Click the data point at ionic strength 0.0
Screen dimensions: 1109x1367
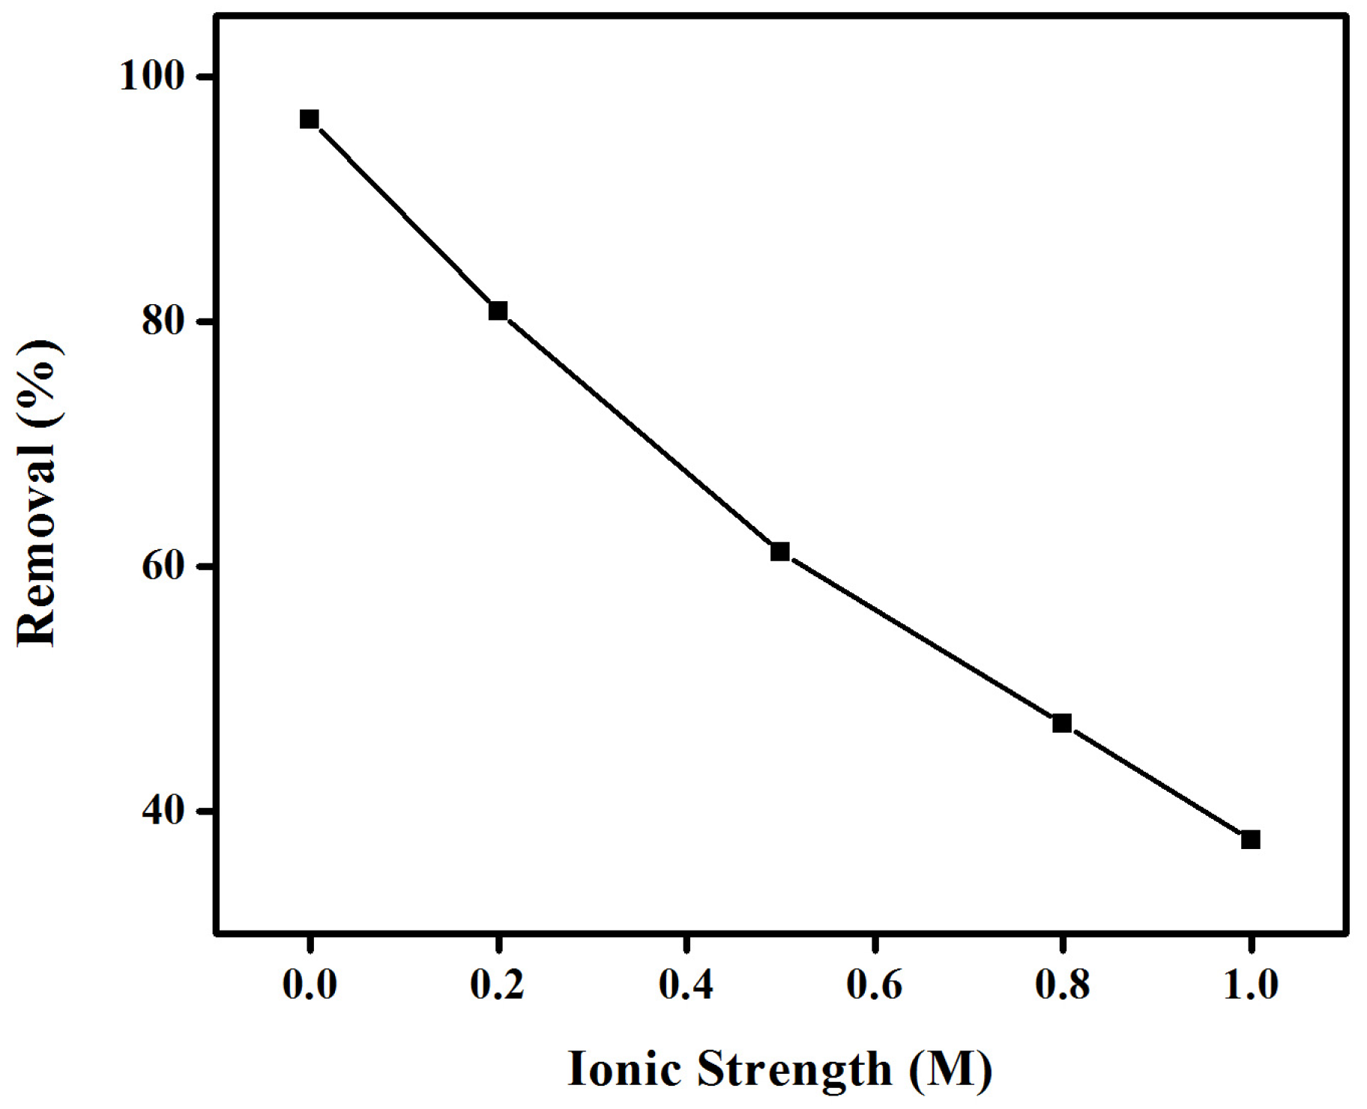[x=309, y=119]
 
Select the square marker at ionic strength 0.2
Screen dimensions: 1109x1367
[x=498, y=310]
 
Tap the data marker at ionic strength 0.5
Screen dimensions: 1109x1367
[x=779, y=552]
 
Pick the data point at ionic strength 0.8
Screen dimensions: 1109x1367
[x=1061, y=723]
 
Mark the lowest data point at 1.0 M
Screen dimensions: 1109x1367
[x=1250, y=839]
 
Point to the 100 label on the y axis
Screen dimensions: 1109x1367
[x=152, y=77]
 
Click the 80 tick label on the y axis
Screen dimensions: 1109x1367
[x=163, y=322]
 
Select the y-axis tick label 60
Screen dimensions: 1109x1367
[x=163, y=567]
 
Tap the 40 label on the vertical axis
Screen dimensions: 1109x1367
[x=163, y=812]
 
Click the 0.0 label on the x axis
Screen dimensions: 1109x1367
[x=309, y=985]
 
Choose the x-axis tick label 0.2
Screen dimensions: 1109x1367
[x=498, y=985]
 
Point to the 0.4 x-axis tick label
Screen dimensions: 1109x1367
[x=686, y=985]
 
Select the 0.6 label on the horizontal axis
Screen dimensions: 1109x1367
[x=874, y=985]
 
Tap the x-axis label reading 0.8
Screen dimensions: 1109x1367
[x=1062, y=985]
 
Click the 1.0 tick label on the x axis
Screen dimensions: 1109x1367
[x=1250, y=985]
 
